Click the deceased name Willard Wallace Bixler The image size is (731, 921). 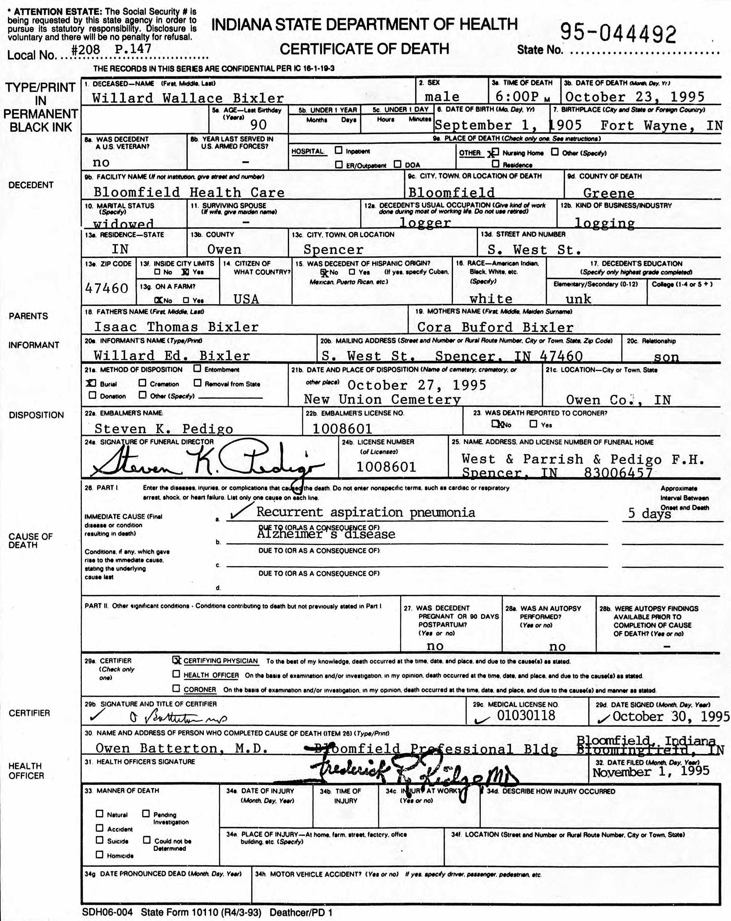(188, 98)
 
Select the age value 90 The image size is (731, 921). (258, 124)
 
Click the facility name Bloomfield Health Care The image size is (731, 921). (189, 192)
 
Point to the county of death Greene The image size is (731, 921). (608, 193)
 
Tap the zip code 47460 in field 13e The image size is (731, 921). (107, 288)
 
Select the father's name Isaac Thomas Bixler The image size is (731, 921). (176, 327)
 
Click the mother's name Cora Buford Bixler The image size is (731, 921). (494, 328)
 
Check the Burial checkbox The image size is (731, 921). (91, 383)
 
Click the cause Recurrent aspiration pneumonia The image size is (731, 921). (366, 512)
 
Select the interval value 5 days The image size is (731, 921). (649, 513)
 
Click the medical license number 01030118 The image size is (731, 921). (526, 715)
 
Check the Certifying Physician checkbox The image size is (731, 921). (176, 660)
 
